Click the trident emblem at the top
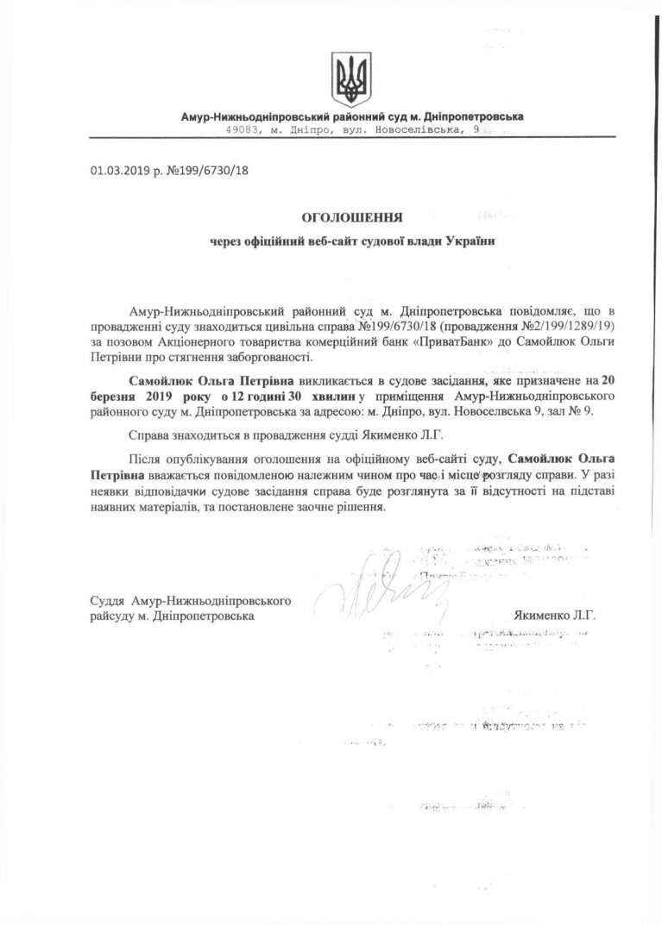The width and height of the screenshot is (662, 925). [x=351, y=78]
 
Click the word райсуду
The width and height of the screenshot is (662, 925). [x=113, y=617]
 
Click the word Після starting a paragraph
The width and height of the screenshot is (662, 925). [x=143, y=459]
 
